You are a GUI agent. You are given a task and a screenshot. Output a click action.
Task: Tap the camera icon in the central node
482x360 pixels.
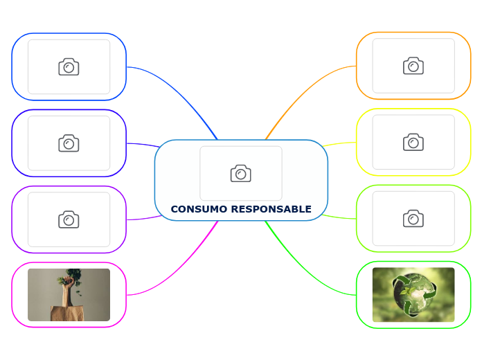tap(241, 173)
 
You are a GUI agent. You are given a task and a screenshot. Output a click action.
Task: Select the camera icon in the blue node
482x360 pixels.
tap(69, 66)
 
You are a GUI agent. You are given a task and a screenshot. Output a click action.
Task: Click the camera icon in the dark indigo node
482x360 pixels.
tap(69, 143)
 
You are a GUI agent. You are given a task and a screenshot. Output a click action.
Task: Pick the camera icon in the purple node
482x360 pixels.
tap(69, 219)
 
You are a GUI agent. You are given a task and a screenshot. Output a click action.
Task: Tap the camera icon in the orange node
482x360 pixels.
tap(413, 66)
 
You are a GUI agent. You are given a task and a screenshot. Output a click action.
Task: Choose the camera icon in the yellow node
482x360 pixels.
tap(413, 142)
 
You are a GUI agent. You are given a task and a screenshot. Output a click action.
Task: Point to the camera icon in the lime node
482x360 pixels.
tap(413, 219)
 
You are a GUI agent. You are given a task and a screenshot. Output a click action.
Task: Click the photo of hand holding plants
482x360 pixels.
tap(69, 295)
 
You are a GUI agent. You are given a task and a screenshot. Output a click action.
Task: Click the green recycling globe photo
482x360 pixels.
tap(413, 295)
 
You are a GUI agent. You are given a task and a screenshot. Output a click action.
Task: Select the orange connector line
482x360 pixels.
tap(298, 90)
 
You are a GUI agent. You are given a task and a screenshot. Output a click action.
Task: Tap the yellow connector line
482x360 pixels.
tap(339, 144)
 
